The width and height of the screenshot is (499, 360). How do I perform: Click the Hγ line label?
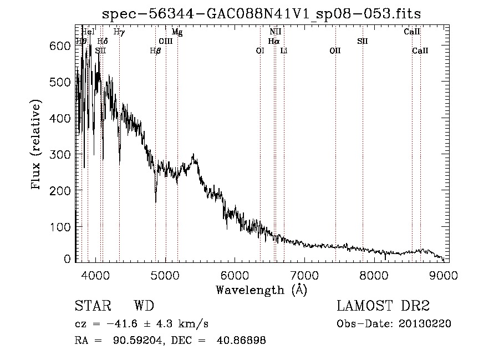(x=119, y=32)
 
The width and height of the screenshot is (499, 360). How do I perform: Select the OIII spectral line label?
(x=166, y=42)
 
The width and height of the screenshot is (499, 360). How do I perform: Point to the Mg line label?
(x=177, y=32)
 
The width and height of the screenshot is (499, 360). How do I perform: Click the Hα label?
(x=274, y=42)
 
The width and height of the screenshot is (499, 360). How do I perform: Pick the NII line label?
(x=276, y=32)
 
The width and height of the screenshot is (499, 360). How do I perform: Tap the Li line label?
(x=284, y=51)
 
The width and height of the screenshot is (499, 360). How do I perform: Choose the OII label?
(x=335, y=51)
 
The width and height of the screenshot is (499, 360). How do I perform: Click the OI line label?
(x=260, y=51)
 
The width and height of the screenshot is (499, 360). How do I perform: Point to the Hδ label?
(x=103, y=42)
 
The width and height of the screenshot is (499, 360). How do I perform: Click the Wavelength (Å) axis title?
(x=261, y=290)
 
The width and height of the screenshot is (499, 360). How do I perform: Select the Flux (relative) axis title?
(x=37, y=145)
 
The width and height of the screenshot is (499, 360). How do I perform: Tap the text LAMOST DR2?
(x=383, y=306)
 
